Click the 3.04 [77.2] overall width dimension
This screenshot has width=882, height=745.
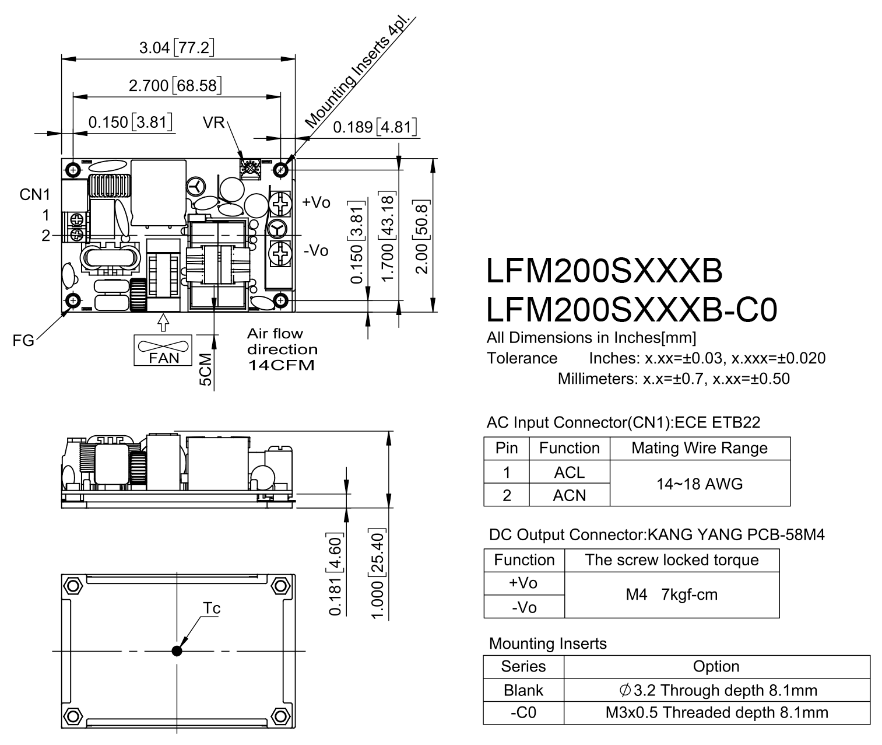(177, 47)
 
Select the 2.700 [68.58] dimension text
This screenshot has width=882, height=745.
(175, 85)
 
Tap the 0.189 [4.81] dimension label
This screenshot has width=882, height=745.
(375, 127)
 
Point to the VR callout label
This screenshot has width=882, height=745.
(214, 123)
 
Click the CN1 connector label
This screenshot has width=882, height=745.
(34, 194)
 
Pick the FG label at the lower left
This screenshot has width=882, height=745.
(23, 340)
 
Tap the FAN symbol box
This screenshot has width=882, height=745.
(163, 350)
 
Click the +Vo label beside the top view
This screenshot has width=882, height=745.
(316, 202)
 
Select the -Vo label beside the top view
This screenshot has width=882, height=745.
(316, 250)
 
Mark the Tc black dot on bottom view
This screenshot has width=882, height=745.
(177, 650)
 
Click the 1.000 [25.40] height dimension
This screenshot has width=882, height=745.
(377, 573)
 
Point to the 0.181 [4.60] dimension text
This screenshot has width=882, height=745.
(335, 573)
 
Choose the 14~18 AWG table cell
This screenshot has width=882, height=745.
(700, 483)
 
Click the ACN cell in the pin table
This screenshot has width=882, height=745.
(570, 495)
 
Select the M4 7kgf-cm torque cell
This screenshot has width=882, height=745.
(672, 594)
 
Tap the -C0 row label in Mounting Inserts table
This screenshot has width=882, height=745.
(523, 712)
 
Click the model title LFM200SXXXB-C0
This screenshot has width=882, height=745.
(631, 310)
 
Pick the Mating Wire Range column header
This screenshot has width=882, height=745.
(700, 448)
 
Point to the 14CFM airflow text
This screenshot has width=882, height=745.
(282, 365)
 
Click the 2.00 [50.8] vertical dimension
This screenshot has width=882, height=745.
(421, 237)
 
